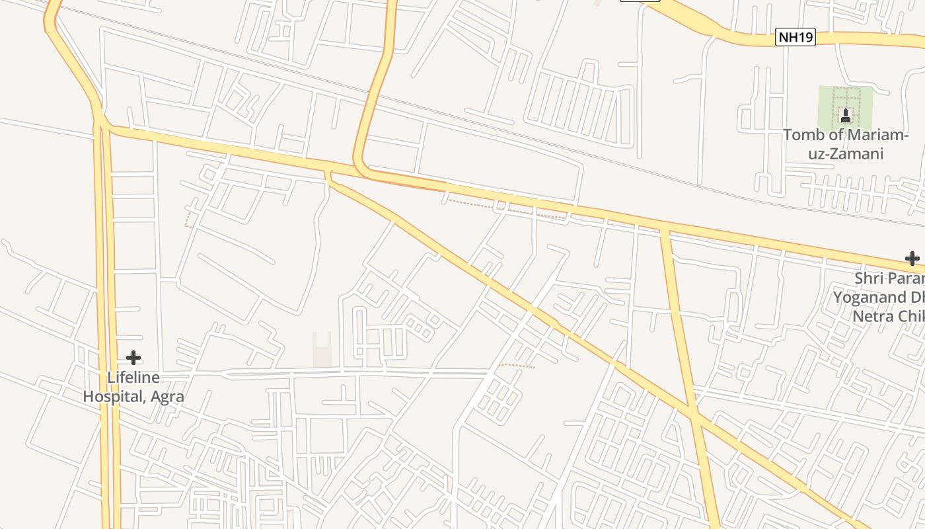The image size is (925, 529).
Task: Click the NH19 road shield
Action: coord(795,38)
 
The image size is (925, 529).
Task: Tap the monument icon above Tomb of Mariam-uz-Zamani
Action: coord(845,116)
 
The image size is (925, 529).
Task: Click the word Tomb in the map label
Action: coord(803,135)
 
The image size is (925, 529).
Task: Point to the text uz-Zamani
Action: coord(845,154)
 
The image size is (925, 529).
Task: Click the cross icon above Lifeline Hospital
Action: coord(133,358)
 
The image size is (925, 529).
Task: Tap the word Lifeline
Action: coord(133,378)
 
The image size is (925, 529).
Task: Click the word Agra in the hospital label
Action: coord(166,397)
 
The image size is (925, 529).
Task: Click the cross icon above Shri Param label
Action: coord(912,258)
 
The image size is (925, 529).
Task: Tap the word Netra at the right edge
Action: coord(872,316)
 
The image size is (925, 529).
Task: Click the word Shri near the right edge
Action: coord(868,278)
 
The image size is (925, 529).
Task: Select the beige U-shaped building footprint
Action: coord(322,349)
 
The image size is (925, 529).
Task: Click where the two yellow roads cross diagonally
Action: coord(692,415)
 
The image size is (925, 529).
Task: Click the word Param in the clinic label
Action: coord(906,278)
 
